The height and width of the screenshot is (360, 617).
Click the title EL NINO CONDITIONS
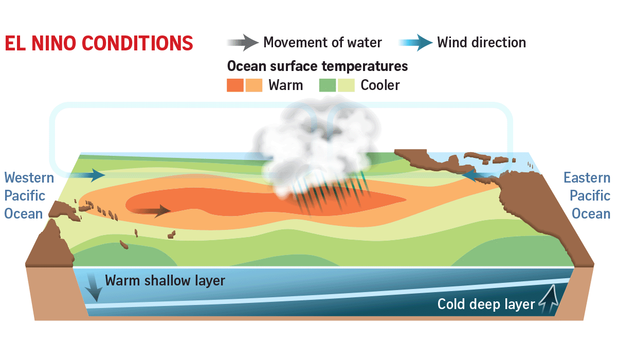click(x=99, y=43)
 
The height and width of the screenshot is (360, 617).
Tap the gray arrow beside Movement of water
click(x=243, y=42)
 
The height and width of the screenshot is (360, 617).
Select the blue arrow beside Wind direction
click(x=415, y=42)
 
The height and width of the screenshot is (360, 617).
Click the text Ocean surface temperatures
click(x=317, y=66)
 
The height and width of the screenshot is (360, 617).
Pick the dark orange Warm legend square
click(x=235, y=85)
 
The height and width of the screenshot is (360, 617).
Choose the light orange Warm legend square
click(x=253, y=85)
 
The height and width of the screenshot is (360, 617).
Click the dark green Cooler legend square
click(x=328, y=85)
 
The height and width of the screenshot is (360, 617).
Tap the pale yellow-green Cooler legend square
click(x=346, y=85)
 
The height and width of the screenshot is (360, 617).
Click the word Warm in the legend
click(x=286, y=85)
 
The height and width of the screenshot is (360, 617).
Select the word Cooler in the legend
click(x=380, y=85)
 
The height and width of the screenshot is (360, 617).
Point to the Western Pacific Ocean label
click(x=29, y=195)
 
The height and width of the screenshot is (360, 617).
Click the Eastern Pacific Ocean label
click(x=587, y=195)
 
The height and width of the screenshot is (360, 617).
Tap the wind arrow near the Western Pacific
click(x=87, y=175)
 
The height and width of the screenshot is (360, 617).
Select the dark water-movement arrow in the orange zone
click(x=151, y=211)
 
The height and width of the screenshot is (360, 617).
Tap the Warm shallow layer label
click(x=165, y=281)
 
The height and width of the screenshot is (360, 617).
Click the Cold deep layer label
click(x=486, y=304)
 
